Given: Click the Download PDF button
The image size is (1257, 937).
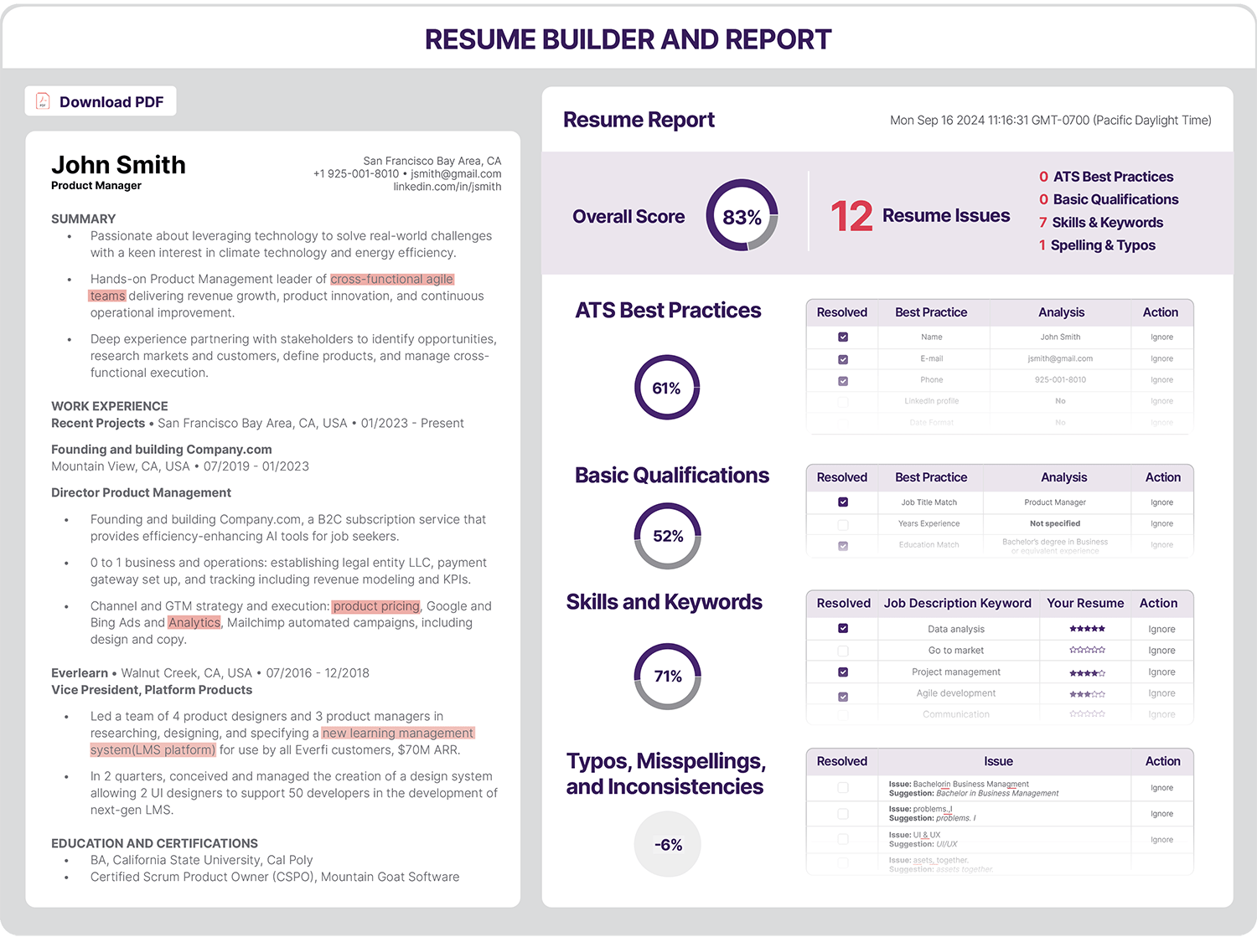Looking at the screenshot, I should click(x=101, y=102).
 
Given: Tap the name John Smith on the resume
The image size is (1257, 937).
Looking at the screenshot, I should click(x=118, y=165).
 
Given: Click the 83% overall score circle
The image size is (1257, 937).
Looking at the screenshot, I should click(x=742, y=217).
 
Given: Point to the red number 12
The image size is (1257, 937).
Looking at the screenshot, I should click(x=851, y=216).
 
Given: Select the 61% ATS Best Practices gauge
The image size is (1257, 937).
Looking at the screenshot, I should click(x=667, y=388).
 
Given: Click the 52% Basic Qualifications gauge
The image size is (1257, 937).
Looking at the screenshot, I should click(x=668, y=536).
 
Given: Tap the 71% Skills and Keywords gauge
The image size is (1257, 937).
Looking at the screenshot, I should click(x=668, y=676).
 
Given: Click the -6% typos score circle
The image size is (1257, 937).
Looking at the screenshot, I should click(x=668, y=845).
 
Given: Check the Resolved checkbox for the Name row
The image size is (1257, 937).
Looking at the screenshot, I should click(x=843, y=337).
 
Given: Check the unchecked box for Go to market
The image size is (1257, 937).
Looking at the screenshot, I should click(x=843, y=651).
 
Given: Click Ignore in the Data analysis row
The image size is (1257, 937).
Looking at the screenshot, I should click(x=1161, y=629).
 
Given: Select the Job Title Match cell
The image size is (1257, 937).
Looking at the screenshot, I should click(x=929, y=502).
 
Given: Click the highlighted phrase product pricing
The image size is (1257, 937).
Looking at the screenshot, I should click(x=376, y=606).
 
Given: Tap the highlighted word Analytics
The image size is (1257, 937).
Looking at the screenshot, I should click(x=194, y=623).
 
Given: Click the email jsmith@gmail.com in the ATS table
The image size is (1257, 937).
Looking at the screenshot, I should click(x=1060, y=358).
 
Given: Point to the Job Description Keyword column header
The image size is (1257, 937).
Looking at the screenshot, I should click(x=957, y=603).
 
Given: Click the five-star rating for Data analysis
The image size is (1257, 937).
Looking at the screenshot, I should click(x=1087, y=629).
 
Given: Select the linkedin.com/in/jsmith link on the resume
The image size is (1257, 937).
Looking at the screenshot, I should click(x=447, y=187).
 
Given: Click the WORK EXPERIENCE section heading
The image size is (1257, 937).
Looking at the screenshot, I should click(x=110, y=406).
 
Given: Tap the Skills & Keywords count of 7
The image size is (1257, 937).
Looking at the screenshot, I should click(x=1042, y=223).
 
